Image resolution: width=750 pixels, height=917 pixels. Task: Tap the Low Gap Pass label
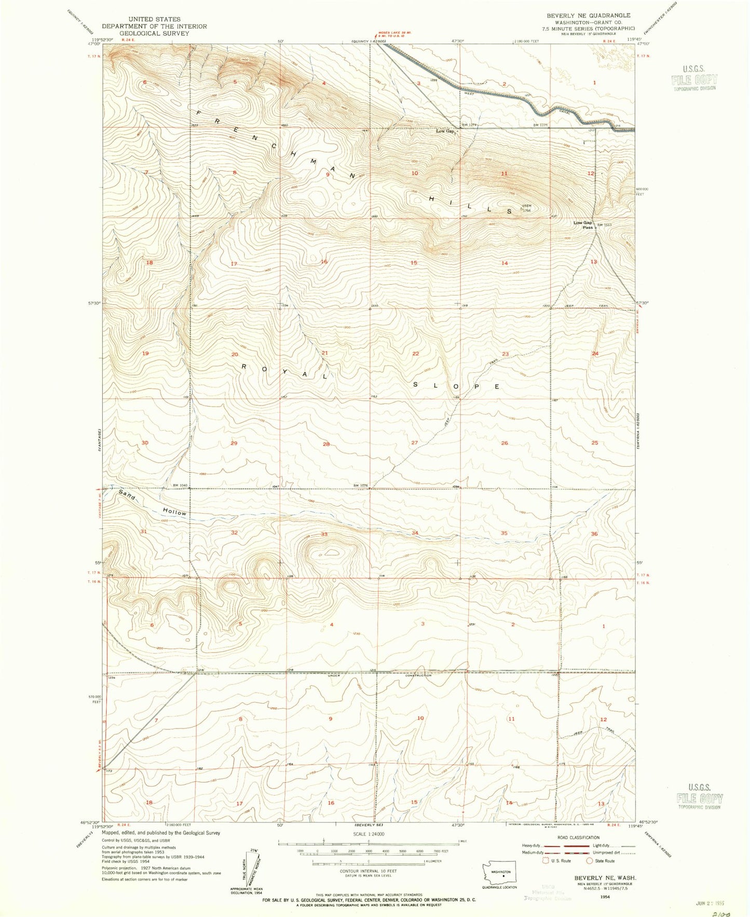point(583,225)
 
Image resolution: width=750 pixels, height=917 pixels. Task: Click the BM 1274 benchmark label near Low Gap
point(470,125)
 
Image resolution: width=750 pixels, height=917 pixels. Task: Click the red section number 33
point(324,534)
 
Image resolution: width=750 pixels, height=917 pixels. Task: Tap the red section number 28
point(326,444)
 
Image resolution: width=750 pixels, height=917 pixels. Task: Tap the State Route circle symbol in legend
point(590,860)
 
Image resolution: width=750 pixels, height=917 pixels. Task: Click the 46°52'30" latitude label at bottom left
point(90,822)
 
